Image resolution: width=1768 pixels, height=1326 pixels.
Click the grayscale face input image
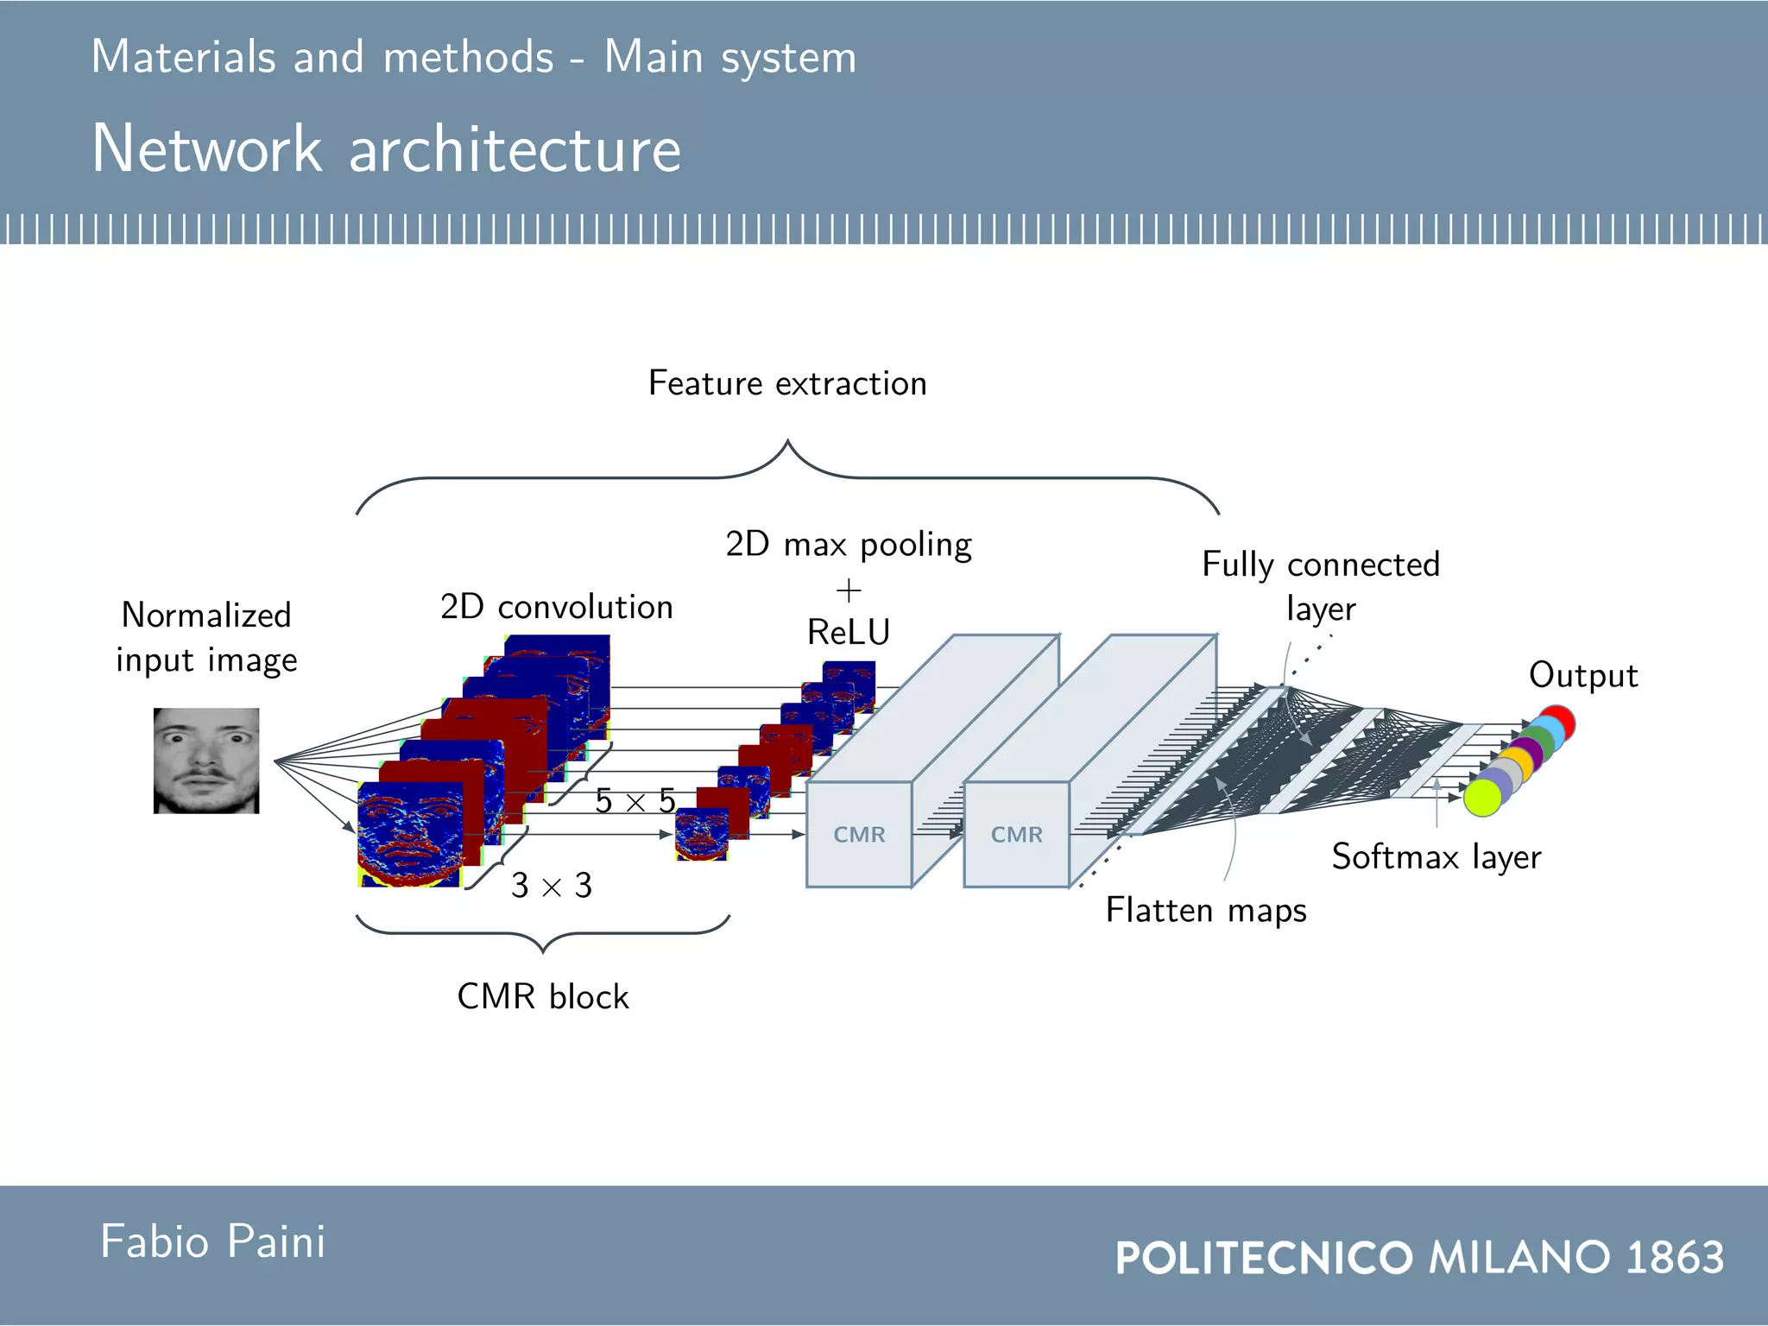coord(206,761)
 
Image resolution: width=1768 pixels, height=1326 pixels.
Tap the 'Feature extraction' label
coord(787,383)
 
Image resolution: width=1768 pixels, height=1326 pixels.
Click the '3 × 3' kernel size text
coord(552,886)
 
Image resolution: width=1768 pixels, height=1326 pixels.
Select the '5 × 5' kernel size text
coord(635,801)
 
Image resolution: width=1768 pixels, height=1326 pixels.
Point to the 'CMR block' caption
coord(543,997)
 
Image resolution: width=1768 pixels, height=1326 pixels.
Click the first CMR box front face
coord(859,835)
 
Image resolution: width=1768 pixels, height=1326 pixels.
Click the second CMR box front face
coord(1016,835)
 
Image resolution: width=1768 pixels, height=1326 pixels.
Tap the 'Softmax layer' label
coord(1436,857)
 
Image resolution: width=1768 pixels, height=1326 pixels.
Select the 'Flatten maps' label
coord(1206,911)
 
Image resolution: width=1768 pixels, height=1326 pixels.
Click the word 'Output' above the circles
coord(1583,675)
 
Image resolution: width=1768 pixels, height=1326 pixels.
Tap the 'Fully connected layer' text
coord(1321,586)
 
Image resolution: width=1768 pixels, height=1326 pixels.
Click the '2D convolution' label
coord(557,607)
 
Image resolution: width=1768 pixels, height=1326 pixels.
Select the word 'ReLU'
coord(849,633)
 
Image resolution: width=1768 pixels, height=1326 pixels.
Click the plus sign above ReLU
coord(849,591)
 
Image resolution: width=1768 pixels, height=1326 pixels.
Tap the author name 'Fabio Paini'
coord(213,1242)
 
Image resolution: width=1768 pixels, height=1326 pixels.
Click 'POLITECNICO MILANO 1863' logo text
coord(1419,1257)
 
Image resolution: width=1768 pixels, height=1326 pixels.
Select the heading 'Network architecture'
coord(387,148)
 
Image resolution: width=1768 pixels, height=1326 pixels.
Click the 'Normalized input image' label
coord(206,637)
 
